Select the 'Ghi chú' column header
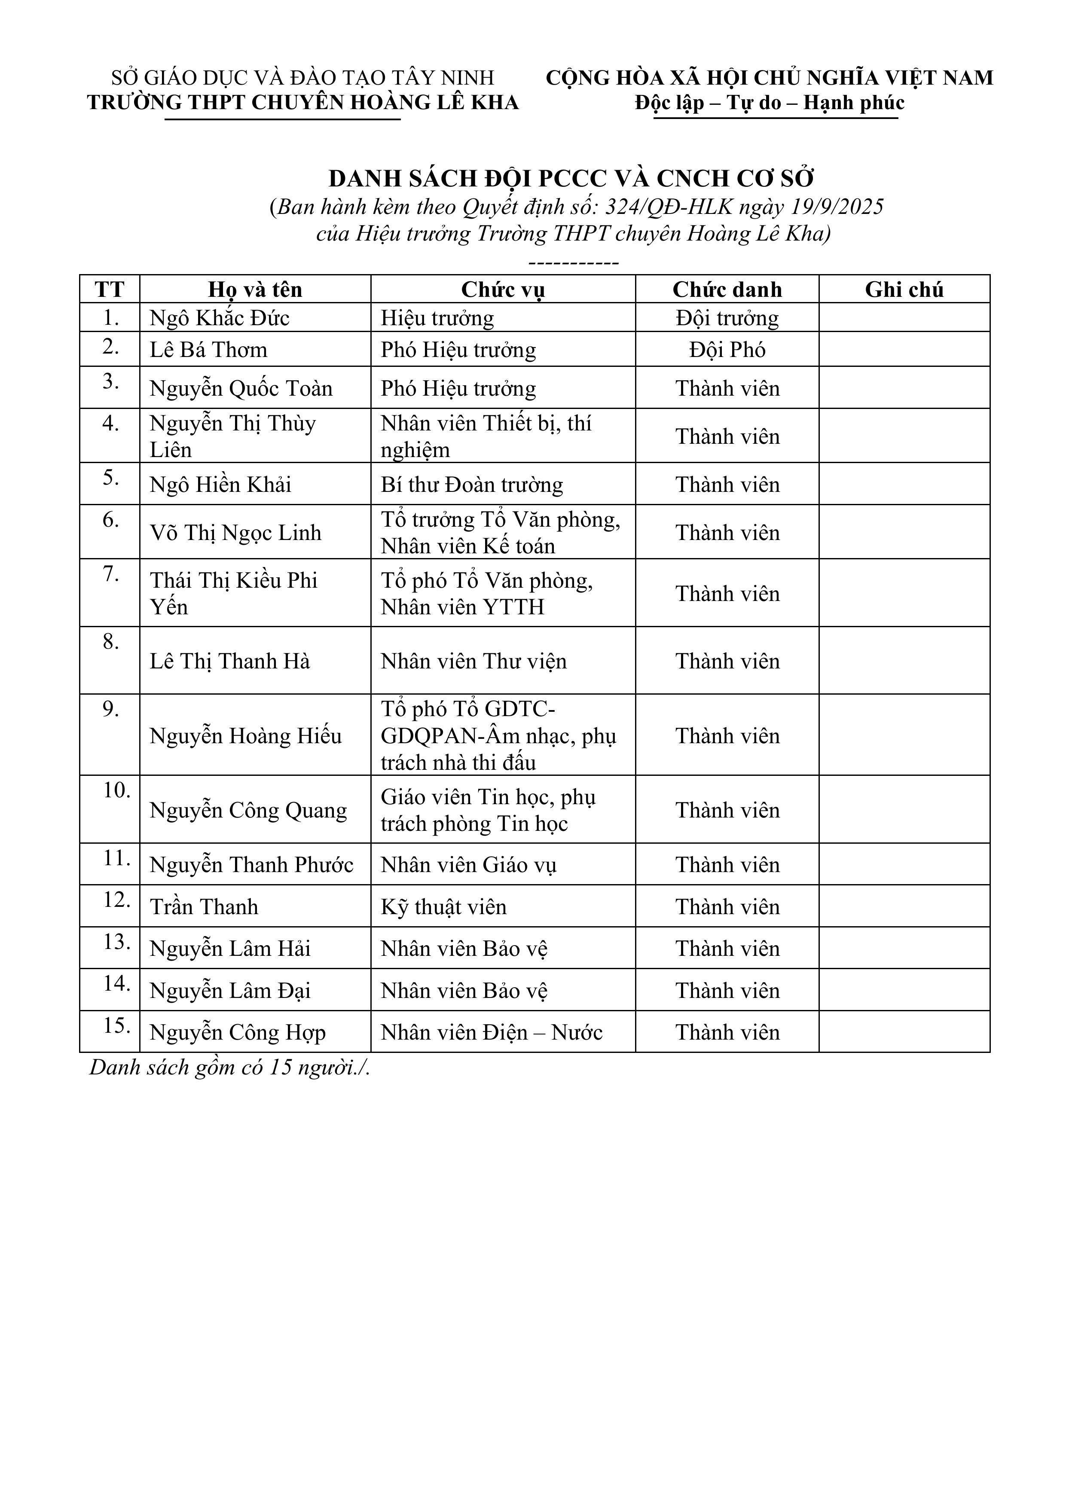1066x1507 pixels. pos(904,290)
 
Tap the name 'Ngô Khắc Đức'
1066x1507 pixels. pos(219,318)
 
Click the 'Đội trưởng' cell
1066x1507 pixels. pos(727,318)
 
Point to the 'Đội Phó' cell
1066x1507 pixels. pos(727,349)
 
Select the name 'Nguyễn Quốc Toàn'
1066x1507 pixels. pos(241,389)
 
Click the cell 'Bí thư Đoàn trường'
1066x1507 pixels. pos(471,485)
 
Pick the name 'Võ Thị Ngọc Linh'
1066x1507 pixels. pos(235,533)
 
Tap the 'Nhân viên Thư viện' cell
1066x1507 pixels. pos(473,661)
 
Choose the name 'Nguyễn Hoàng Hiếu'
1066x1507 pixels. pos(245,736)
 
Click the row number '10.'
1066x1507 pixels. pos(117,790)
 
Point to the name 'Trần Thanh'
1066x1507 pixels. pos(204,907)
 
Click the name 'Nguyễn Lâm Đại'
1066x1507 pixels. pos(230,991)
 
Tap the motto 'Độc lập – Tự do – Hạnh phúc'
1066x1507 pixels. pos(769,103)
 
